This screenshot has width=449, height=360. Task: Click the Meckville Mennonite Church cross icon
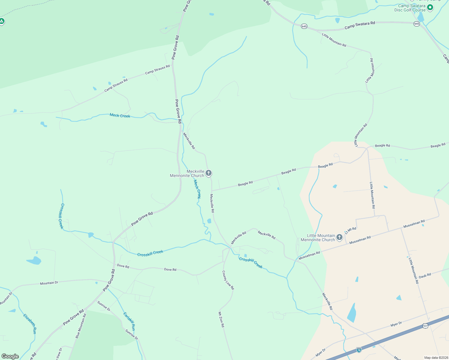pyautogui.click(x=209, y=173)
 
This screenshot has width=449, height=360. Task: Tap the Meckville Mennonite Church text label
pyautogui.click(x=187, y=173)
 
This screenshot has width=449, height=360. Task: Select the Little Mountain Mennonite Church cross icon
pyautogui.click(x=339, y=237)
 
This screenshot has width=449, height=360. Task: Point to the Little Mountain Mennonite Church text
pyautogui.click(x=318, y=238)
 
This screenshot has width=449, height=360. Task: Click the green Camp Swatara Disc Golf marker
pyautogui.click(x=430, y=7)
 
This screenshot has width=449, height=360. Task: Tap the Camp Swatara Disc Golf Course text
pyautogui.click(x=410, y=8)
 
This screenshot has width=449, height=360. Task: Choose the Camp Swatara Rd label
pyautogui.click(x=360, y=25)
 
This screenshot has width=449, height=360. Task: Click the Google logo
pyautogui.click(x=10, y=356)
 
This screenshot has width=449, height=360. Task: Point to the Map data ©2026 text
pyautogui.click(x=436, y=358)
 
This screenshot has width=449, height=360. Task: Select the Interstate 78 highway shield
pyautogui.click(x=359, y=349)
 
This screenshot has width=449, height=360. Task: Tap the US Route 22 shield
pyautogui.click(x=425, y=325)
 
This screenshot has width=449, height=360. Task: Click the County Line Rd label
pyautogui.click(x=228, y=280)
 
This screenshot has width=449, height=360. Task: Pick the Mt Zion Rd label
pyautogui.click(x=221, y=319)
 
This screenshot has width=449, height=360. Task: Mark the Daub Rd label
pyautogui.click(x=425, y=275)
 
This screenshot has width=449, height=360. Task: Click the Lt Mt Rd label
pyautogui.click(x=350, y=230)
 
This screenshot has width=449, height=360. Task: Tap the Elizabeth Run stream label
pyautogui.click(x=30, y=324)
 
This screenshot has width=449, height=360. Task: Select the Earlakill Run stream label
pyautogui.click(x=129, y=321)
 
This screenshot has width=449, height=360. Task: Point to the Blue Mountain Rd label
pyautogui.click(x=81, y=326)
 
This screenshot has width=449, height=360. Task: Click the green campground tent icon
pyautogui.click(x=2, y=21)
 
